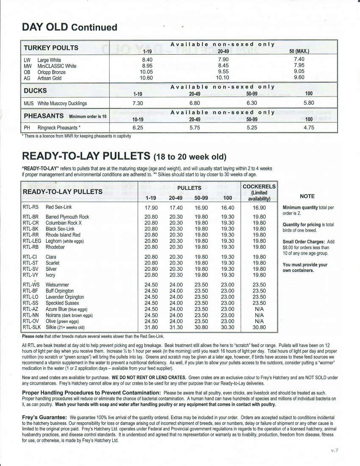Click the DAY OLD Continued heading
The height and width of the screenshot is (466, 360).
pyautogui.click(x=69, y=28)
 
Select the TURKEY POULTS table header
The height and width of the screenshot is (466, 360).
pyautogui.click(x=51, y=48)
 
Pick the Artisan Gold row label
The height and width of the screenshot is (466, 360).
pyautogui.click(x=49, y=78)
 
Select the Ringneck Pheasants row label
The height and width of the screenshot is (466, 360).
pyautogui.click(x=59, y=127)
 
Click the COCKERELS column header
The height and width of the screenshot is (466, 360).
pyautogui.click(x=259, y=187)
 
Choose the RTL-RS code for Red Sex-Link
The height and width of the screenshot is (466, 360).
pyautogui.click(x=30, y=208)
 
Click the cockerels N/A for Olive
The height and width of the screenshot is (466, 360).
pyautogui.click(x=259, y=321)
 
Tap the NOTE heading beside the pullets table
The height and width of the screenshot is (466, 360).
pyautogui.click(x=307, y=196)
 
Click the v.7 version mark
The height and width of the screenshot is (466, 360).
pyautogui.click(x=335, y=450)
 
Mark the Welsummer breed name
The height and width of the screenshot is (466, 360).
pyautogui.click(x=57, y=285)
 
